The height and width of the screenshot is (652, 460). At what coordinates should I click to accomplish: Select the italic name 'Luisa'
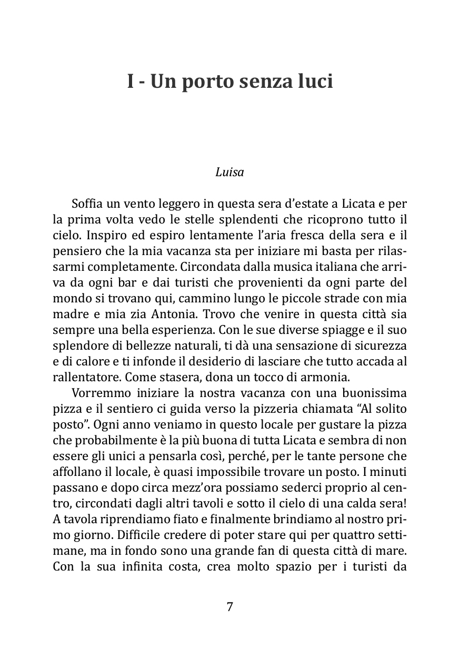pyautogui.click(x=229, y=172)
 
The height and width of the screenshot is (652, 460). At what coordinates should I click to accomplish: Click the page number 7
pyautogui.click(x=229, y=606)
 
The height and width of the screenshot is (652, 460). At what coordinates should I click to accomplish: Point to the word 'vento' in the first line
pyautogui.click(x=123, y=202)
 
